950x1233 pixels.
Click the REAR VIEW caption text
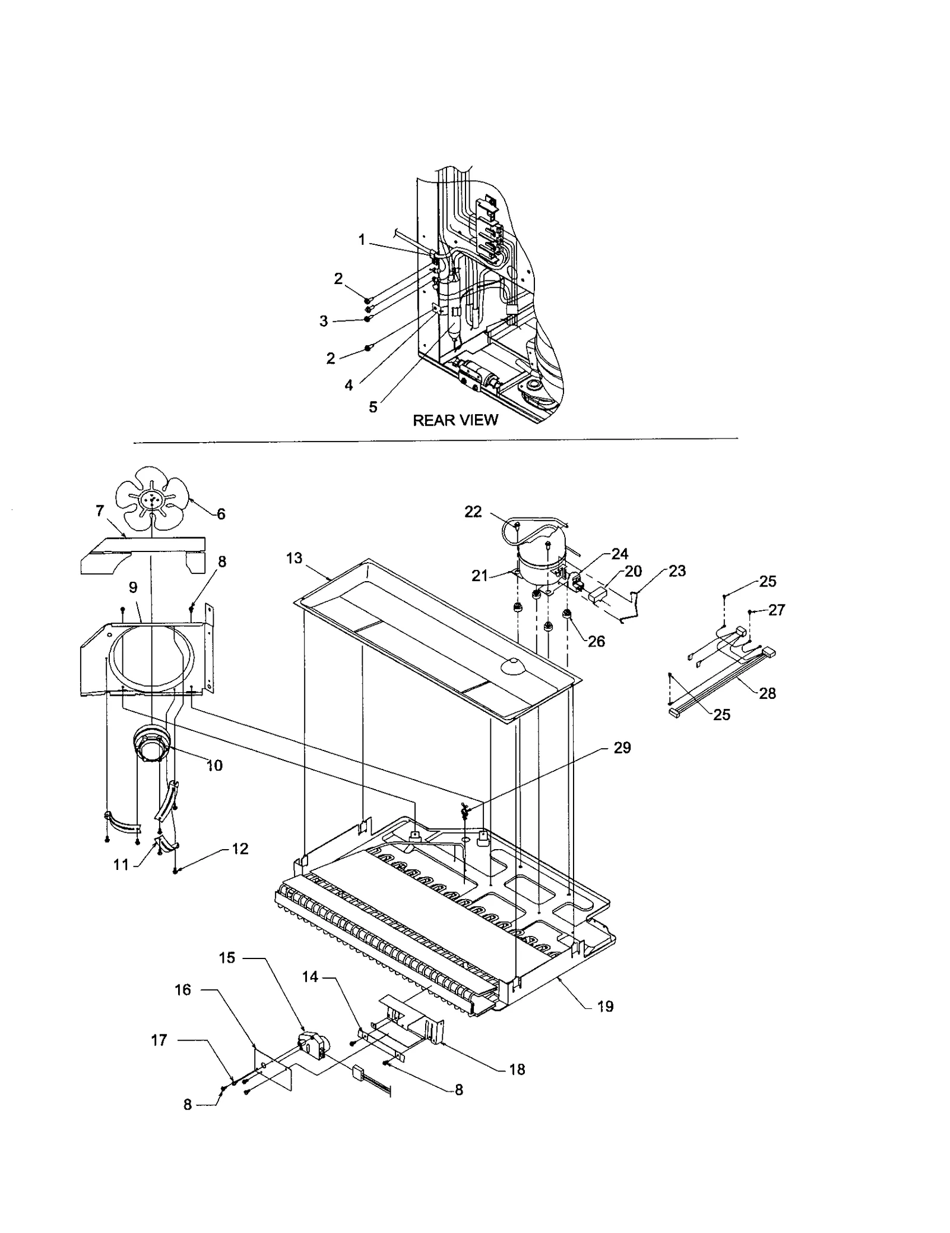[455, 420]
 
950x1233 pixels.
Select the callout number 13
[294, 558]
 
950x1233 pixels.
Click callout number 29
[622, 747]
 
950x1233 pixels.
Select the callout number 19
[605, 1006]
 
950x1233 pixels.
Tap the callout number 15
[227, 957]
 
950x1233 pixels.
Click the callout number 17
[159, 1040]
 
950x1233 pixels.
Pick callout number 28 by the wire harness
[767, 693]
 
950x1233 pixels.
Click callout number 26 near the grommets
[596, 641]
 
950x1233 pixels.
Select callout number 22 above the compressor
[473, 512]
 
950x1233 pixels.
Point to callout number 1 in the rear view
[362, 240]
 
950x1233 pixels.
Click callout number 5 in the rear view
[373, 407]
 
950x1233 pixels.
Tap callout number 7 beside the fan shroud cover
[100, 510]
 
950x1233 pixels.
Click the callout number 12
[240, 849]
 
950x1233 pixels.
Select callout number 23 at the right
[677, 571]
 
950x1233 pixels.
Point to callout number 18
[517, 1069]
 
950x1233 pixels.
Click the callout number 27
[777, 610]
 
